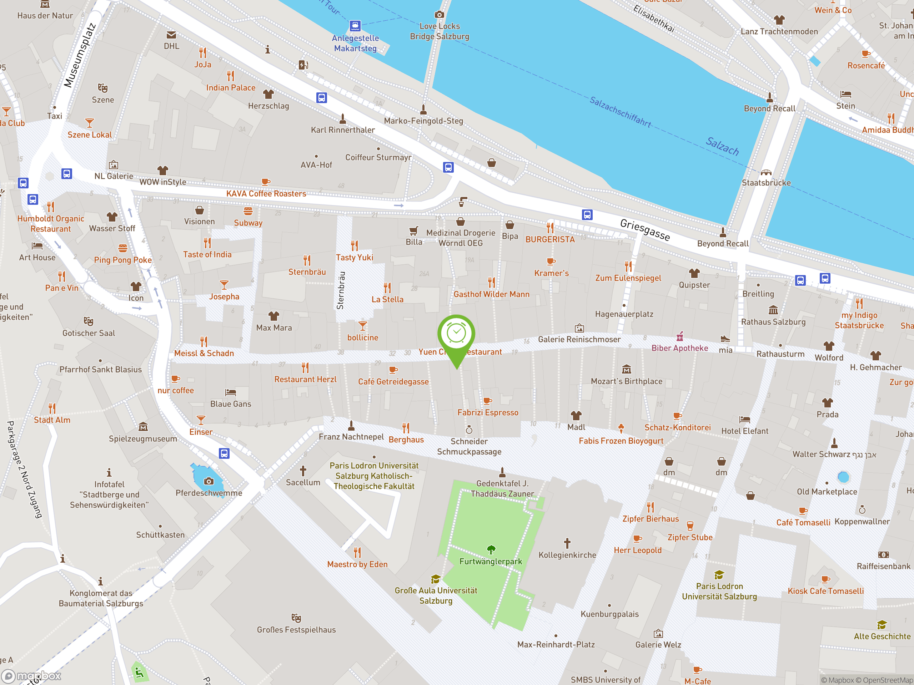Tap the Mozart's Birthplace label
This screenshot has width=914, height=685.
627,381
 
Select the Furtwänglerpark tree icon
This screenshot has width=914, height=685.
491,549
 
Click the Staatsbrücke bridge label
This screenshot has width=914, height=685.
766,183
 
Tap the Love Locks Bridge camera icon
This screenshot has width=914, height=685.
439,15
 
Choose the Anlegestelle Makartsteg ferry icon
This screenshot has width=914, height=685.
355,26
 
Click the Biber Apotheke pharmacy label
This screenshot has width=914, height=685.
680,348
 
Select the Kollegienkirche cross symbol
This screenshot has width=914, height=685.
567,543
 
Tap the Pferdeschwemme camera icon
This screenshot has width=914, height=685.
209,481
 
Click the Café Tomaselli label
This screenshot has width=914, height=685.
803,522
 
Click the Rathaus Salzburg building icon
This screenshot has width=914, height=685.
773,310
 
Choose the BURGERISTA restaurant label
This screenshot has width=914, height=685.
550,239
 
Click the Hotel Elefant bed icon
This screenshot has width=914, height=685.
744,420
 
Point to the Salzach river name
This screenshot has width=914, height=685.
722,146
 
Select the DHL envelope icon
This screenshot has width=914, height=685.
171,35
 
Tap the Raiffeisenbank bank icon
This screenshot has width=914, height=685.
883,554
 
